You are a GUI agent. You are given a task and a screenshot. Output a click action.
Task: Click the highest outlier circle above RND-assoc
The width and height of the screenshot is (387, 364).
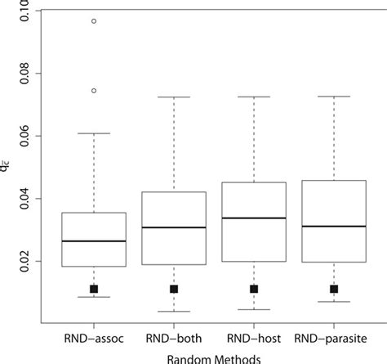pos(94,21)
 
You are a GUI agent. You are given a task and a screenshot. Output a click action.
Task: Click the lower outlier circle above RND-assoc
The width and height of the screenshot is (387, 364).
pos(94,91)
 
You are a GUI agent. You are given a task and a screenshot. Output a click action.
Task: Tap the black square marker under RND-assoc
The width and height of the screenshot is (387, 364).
pos(94,289)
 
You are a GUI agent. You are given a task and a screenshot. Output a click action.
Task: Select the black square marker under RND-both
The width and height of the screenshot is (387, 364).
pos(174,289)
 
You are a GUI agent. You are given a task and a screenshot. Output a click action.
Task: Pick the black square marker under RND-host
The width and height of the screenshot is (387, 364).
pos(254,289)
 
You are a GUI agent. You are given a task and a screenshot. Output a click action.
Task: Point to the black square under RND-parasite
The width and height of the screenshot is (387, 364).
pos(334,289)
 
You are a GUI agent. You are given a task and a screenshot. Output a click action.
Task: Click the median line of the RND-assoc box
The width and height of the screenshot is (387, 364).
pos(94,241)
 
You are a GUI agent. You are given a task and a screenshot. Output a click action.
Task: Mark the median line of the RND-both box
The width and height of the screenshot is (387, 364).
pos(174,227)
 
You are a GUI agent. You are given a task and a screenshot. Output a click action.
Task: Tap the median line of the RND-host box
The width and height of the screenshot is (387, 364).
pos(254,218)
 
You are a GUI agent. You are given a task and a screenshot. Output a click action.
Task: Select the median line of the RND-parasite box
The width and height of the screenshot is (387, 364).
pos(334,226)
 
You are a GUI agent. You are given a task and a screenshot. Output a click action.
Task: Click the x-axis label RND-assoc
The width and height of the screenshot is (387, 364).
pos(94,337)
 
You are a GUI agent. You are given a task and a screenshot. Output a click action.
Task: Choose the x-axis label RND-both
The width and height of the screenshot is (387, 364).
pos(174,337)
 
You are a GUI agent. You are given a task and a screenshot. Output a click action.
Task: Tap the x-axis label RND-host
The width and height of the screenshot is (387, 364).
pos(254,337)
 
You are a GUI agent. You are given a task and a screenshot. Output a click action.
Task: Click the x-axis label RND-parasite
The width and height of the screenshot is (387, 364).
pos(334,337)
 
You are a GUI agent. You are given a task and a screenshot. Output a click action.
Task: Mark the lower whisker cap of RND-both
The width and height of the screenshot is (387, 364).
pos(174,312)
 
